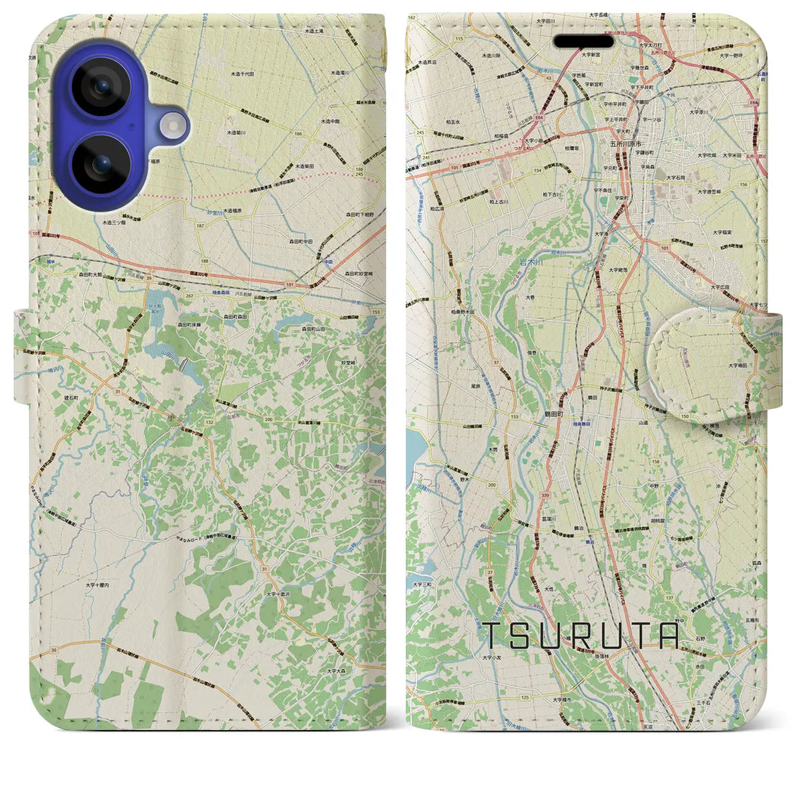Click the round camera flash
174,127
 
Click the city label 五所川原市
623,143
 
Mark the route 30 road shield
55,650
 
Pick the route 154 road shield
536,170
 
